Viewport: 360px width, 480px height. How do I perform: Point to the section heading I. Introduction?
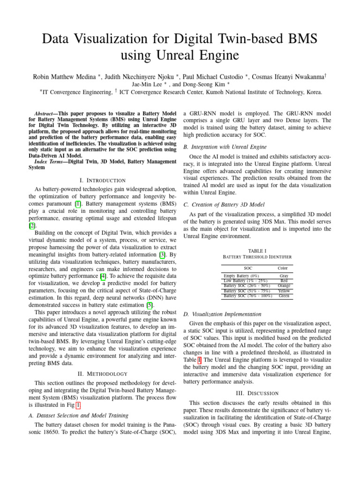click(x=102, y=180)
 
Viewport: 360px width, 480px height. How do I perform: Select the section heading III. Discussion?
click(x=257, y=393)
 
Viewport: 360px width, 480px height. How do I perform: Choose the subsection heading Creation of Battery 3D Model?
click(x=224, y=204)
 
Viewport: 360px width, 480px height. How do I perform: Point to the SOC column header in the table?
click(x=242, y=268)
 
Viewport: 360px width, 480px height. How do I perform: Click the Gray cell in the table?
click(x=284, y=276)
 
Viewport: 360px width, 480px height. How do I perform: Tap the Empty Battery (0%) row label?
click(x=241, y=276)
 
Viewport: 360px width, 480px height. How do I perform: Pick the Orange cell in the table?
click(x=284, y=285)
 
